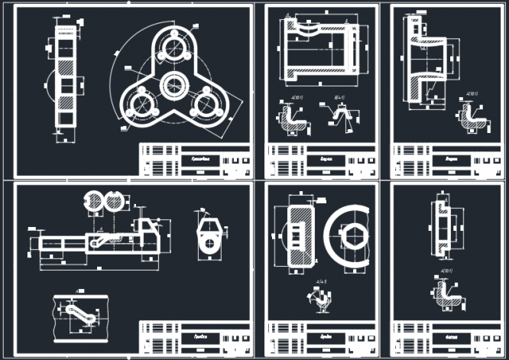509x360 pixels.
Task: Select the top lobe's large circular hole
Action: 173,50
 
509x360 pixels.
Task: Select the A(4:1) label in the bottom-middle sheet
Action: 323,283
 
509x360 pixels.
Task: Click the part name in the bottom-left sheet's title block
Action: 197,336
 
